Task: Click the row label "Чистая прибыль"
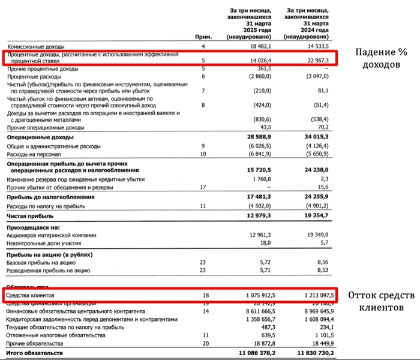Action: click(30, 215)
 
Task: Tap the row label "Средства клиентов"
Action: click(31, 296)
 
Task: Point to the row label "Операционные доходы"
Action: click(40, 137)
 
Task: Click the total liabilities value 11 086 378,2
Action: click(251, 353)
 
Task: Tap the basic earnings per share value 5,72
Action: click(265, 262)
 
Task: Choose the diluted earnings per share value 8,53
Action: click(323, 271)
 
